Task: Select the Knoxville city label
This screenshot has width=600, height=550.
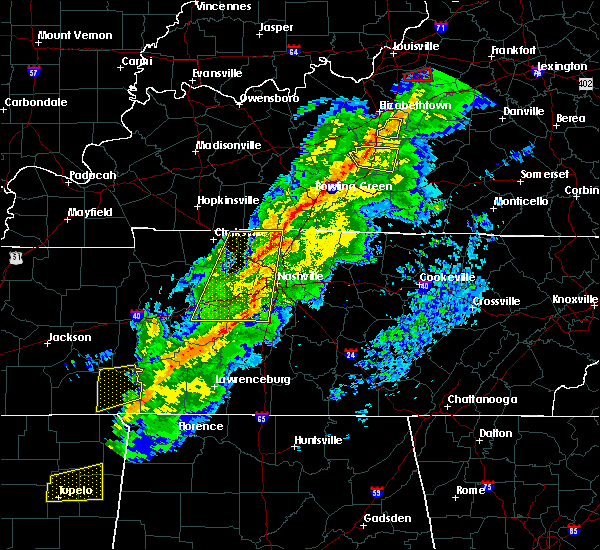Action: click(576, 300)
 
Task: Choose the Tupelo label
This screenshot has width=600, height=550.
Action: click(75, 490)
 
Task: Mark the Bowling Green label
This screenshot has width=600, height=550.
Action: click(348, 187)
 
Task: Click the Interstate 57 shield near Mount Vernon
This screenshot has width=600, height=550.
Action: click(33, 72)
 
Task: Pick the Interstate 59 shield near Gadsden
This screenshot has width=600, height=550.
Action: click(377, 493)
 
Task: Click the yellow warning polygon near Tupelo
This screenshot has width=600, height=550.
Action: click(76, 481)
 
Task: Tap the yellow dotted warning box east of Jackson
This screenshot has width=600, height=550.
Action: click(119, 388)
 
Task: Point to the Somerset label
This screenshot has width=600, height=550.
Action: click(545, 174)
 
